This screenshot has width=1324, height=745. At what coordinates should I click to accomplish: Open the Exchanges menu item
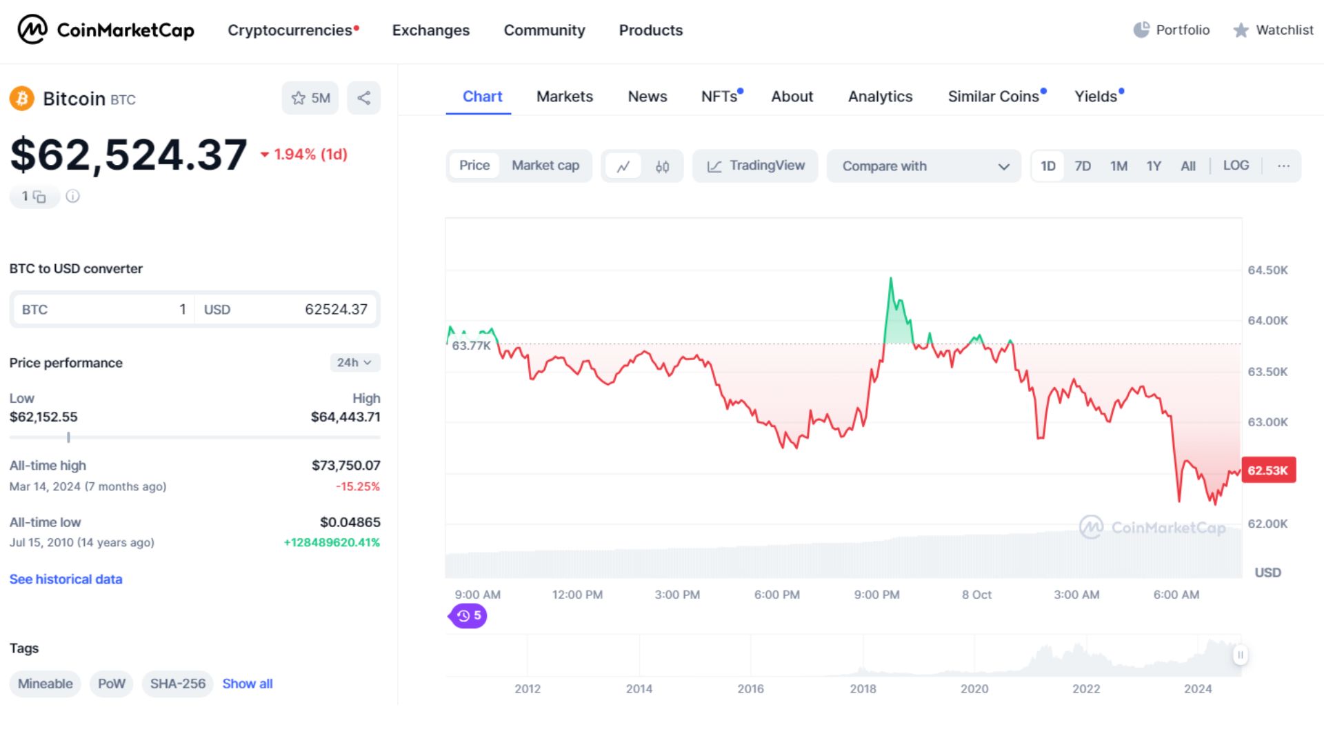point(430,30)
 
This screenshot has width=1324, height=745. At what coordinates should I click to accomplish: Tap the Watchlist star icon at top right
point(1241,30)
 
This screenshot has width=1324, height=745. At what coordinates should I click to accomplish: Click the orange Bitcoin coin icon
point(22,99)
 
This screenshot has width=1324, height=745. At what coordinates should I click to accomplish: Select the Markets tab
point(564,97)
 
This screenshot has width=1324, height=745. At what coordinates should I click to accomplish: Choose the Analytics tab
point(880,97)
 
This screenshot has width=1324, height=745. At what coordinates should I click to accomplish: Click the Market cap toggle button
point(545,166)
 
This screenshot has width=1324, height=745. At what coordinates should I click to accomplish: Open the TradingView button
point(756,166)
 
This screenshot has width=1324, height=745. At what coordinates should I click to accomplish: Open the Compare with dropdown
point(924,166)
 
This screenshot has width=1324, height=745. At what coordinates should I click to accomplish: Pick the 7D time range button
point(1083,166)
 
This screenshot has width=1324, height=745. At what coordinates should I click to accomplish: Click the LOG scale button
point(1236,166)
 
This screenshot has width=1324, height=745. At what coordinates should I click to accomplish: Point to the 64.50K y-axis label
point(1267,270)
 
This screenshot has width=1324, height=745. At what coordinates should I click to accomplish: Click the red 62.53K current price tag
point(1268,470)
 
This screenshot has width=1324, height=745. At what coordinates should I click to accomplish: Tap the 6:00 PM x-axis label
point(776,595)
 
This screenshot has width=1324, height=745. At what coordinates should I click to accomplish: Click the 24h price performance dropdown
point(354,363)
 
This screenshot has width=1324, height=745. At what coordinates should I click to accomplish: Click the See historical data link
point(66,579)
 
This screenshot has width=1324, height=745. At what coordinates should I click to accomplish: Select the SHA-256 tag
point(177,684)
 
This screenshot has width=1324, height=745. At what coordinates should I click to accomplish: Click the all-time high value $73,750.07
point(345,466)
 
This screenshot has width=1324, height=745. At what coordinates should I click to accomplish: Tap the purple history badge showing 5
point(469,615)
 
